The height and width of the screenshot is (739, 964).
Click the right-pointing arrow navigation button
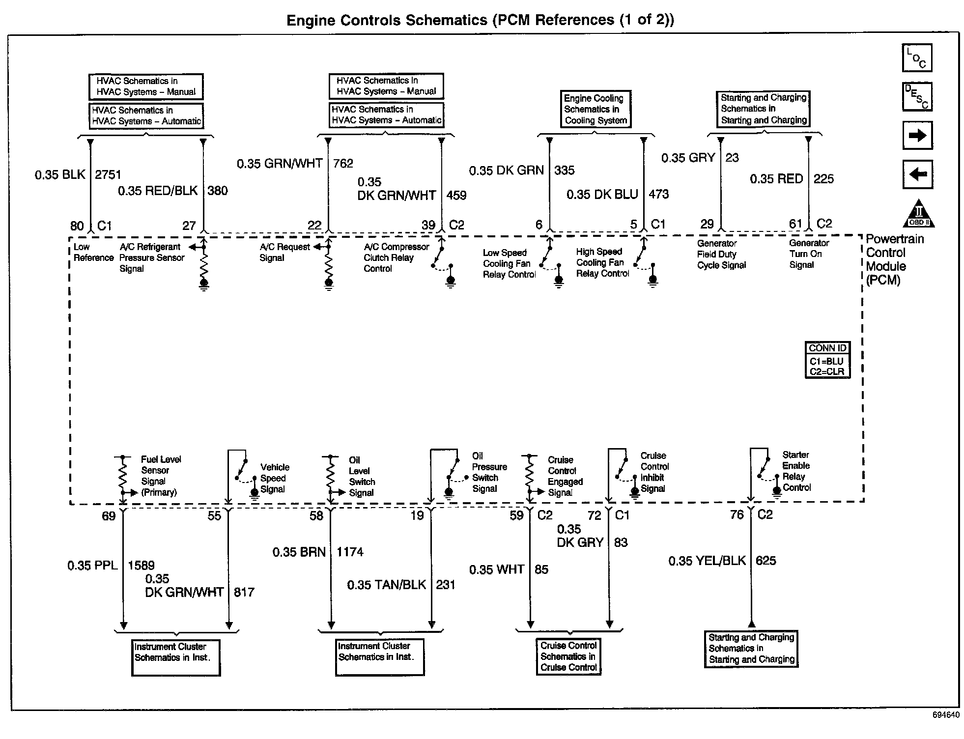(917, 136)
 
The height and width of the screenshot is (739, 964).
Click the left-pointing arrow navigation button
(917, 174)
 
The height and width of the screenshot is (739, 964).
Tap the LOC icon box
(917, 58)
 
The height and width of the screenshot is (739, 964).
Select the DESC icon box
(917, 97)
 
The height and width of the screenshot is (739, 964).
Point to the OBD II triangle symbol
(918, 215)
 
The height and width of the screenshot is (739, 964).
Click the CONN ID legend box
(827, 360)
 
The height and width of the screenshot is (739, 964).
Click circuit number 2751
(108, 174)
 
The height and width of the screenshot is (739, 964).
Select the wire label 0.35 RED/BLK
(158, 191)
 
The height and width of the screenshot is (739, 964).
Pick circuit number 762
(343, 163)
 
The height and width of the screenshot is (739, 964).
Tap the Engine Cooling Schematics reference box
(595, 109)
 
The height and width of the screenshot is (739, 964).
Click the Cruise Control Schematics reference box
(568, 656)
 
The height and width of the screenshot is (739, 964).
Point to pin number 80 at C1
(77, 226)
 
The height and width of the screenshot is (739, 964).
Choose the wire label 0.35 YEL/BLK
(707, 561)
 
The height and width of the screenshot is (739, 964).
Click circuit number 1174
(350, 552)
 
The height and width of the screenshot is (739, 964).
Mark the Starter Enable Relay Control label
(796, 471)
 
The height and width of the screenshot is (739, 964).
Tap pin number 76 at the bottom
(737, 515)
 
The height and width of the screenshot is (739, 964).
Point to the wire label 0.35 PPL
(92, 566)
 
